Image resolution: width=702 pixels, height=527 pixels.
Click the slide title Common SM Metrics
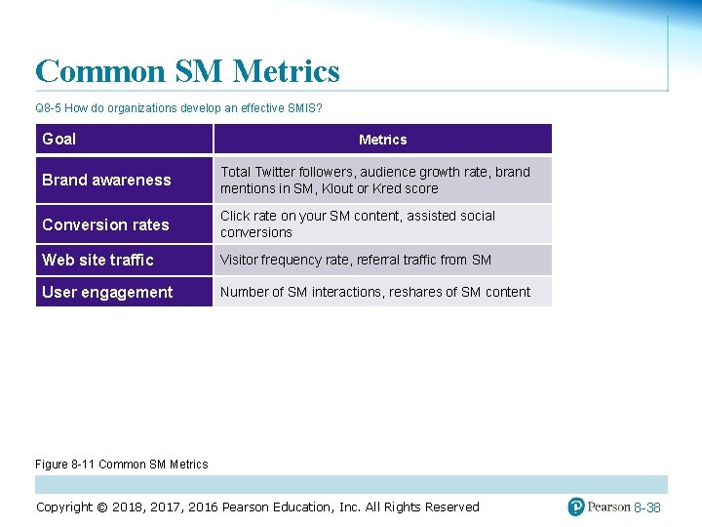[187, 71]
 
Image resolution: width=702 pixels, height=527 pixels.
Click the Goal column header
[59, 139]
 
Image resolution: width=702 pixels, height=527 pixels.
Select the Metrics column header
[382, 140]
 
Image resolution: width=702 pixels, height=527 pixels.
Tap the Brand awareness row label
[106, 180]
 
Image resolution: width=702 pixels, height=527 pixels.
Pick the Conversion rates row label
[105, 224]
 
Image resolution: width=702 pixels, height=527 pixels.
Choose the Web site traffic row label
[97, 260]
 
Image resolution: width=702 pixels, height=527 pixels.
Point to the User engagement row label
[107, 292]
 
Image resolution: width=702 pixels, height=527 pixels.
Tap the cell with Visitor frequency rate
[356, 260]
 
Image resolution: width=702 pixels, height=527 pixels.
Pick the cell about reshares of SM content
[375, 292]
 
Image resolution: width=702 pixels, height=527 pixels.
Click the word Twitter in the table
[278, 172]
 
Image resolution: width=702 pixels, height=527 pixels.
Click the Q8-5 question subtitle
[178, 107]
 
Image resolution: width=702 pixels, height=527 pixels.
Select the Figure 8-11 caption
[122, 465]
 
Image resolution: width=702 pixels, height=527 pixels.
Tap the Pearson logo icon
[576, 507]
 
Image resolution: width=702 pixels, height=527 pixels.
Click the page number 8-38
[647, 507]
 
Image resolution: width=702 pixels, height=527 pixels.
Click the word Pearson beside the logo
[608, 507]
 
